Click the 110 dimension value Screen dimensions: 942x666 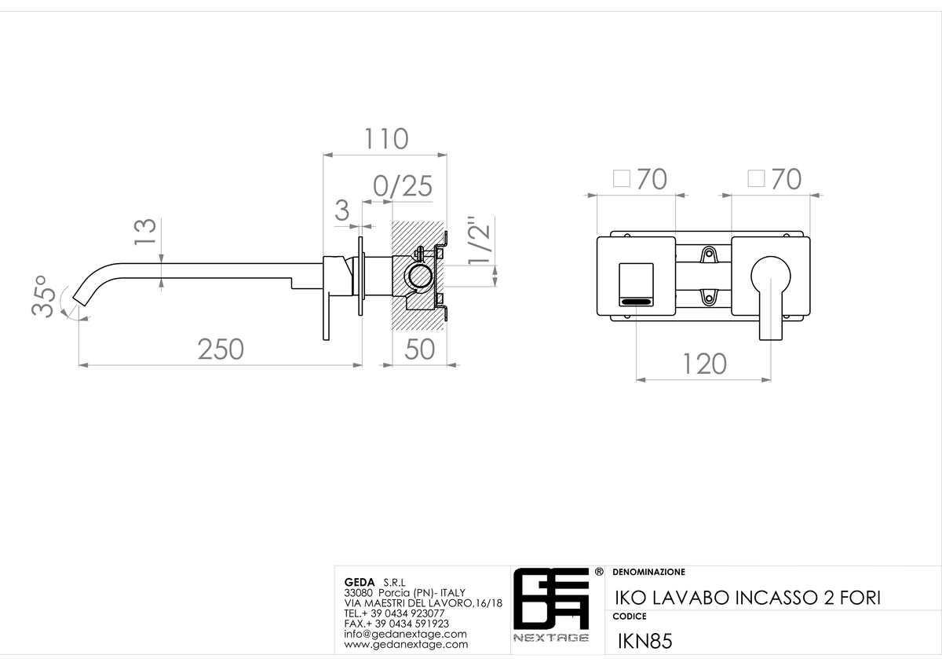tap(386, 138)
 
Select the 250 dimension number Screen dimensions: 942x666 tap(221, 349)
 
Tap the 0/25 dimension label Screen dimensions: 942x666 tap(403, 186)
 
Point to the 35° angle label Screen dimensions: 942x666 tap(43, 296)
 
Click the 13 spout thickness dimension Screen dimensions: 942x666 tap(145, 231)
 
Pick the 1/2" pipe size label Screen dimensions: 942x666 tap(479, 240)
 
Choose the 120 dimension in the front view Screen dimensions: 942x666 tap(704, 364)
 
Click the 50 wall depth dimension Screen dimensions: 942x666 tap(420, 349)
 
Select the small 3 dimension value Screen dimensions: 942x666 tap(342, 210)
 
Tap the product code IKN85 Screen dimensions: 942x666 tap(644, 641)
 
